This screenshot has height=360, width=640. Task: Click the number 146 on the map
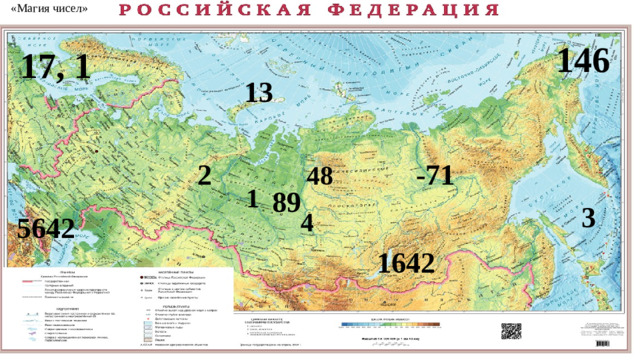584,61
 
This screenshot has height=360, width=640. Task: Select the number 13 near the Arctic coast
257,93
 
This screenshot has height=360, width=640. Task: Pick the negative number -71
433,176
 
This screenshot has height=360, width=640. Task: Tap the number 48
320,176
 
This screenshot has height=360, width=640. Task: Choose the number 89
286,203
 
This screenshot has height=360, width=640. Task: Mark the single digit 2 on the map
204,176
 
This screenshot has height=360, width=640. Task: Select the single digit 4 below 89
307,222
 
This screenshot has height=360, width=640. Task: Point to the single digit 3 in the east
588,217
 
